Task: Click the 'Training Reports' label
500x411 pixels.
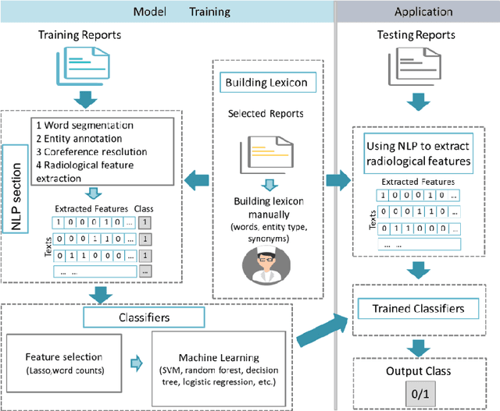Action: pyautogui.click(x=80, y=37)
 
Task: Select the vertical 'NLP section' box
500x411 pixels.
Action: pyautogui.click(x=14, y=179)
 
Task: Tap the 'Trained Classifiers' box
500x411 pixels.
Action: pyautogui.click(x=421, y=309)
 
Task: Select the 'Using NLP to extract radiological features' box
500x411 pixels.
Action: pyautogui.click(x=421, y=153)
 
